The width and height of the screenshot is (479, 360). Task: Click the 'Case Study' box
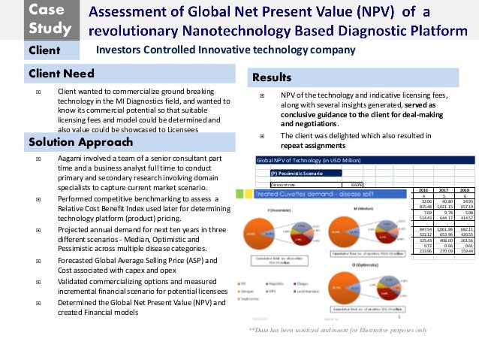(x=50, y=20)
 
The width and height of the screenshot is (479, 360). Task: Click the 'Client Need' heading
(x=62, y=74)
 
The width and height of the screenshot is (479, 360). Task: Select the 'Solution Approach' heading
(x=77, y=142)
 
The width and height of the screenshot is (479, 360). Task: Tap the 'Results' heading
(x=272, y=77)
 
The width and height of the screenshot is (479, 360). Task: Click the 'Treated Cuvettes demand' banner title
(x=300, y=194)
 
